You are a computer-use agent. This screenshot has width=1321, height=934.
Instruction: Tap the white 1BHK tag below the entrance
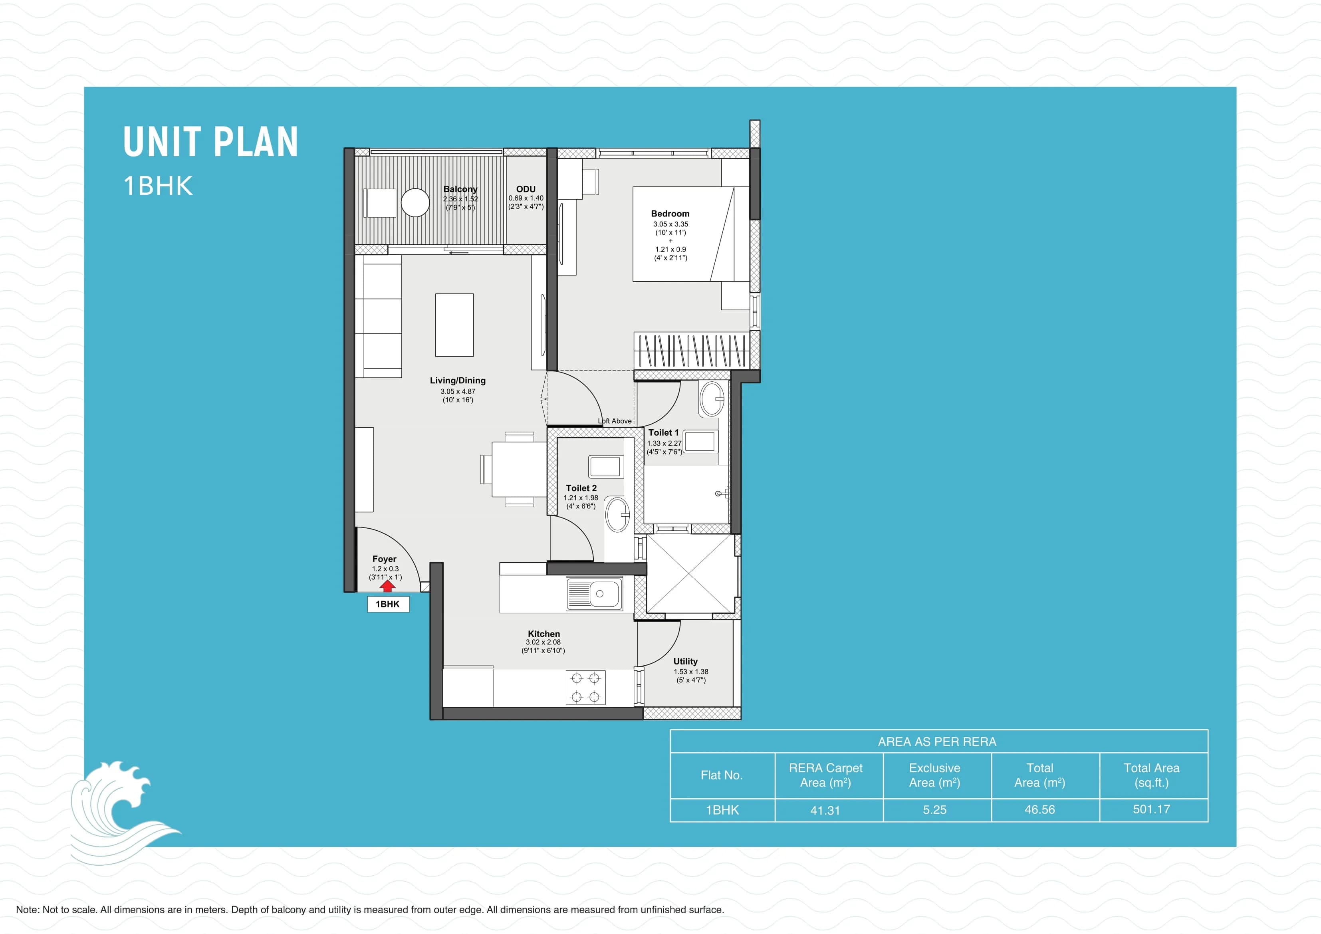click(388, 604)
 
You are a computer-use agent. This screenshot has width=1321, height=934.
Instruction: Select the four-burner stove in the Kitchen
click(585, 687)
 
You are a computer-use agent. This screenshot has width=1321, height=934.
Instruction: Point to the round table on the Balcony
click(415, 202)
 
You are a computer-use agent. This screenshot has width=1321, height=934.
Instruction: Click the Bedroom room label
click(670, 214)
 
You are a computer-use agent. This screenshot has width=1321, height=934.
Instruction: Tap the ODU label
click(525, 189)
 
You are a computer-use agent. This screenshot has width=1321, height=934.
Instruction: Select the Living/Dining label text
click(457, 381)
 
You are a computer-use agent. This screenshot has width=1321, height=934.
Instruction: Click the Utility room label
click(685, 661)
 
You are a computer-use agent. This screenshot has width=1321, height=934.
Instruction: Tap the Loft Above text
click(615, 420)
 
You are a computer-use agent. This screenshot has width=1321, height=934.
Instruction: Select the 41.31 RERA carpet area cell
click(825, 810)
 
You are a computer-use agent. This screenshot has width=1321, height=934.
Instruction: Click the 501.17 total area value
click(1151, 809)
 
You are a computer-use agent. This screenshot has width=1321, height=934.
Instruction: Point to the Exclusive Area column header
click(934, 775)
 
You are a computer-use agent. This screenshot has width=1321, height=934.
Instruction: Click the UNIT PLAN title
click(210, 142)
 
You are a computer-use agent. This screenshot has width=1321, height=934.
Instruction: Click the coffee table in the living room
click(454, 325)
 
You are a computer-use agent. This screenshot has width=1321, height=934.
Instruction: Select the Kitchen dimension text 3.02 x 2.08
click(543, 642)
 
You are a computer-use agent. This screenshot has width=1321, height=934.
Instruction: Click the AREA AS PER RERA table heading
click(937, 742)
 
